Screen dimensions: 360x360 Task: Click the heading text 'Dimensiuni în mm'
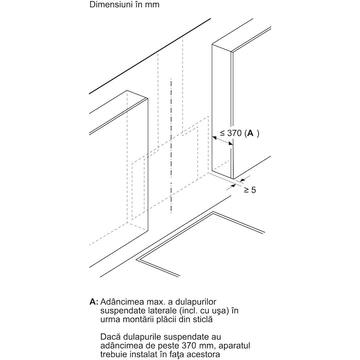pyautogui.click(x=124, y=5)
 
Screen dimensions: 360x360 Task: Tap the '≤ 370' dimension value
pyautogui.click(x=230, y=133)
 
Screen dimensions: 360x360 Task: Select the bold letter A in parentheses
pyautogui.click(x=251, y=133)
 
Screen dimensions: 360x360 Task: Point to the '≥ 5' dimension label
pyautogui.click(x=249, y=190)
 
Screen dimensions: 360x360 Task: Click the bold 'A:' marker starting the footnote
pyautogui.click(x=94, y=302)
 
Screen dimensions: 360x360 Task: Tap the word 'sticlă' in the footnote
pyautogui.click(x=201, y=319)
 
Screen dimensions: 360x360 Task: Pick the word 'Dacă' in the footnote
pyautogui.click(x=110, y=337)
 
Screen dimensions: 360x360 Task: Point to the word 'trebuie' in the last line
pyautogui.click(x=114, y=354)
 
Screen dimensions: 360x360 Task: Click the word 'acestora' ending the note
pyautogui.click(x=203, y=354)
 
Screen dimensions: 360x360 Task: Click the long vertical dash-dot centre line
pyautogui.click(x=171, y=146)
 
